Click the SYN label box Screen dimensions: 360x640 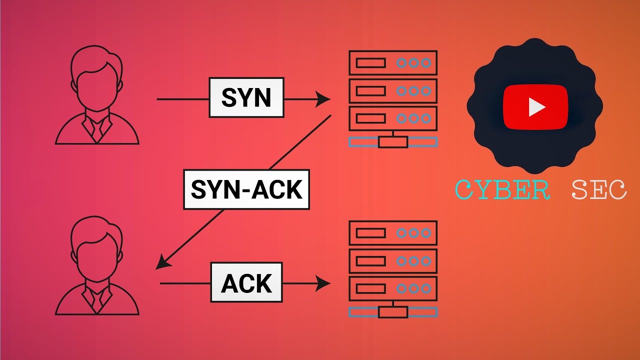tap(246, 97)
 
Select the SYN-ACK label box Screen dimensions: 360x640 tap(246, 189)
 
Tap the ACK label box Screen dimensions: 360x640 tap(246, 282)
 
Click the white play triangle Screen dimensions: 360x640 tap(536, 107)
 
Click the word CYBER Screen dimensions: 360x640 tap(502, 190)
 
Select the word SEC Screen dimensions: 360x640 tap(598, 190)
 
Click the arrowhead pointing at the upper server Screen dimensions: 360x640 tap(323, 99)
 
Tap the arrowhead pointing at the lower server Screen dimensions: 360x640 tap(323, 284)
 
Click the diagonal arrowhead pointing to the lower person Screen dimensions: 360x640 tap(161, 263)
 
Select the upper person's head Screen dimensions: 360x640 tap(96, 75)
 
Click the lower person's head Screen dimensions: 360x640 tap(96, 245)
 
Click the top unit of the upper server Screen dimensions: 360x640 tap(393, 63)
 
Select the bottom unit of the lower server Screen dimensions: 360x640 tap(393, 288)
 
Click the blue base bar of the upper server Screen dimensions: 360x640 tap(393, 142)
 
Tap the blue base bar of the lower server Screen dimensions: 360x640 tap(393, 312)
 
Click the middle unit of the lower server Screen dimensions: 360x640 tap(393, 260)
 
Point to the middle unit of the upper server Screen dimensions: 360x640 tap(393, 90)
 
